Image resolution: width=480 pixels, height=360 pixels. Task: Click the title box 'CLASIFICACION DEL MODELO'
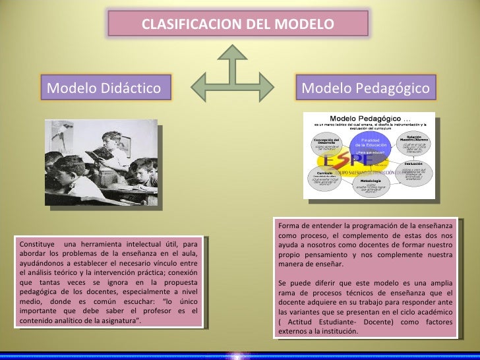click(x=238, y=25)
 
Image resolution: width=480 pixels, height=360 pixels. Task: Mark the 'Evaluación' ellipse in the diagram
click(x=413, y=171)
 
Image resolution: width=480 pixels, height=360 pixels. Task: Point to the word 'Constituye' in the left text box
click(x=34, y=245)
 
